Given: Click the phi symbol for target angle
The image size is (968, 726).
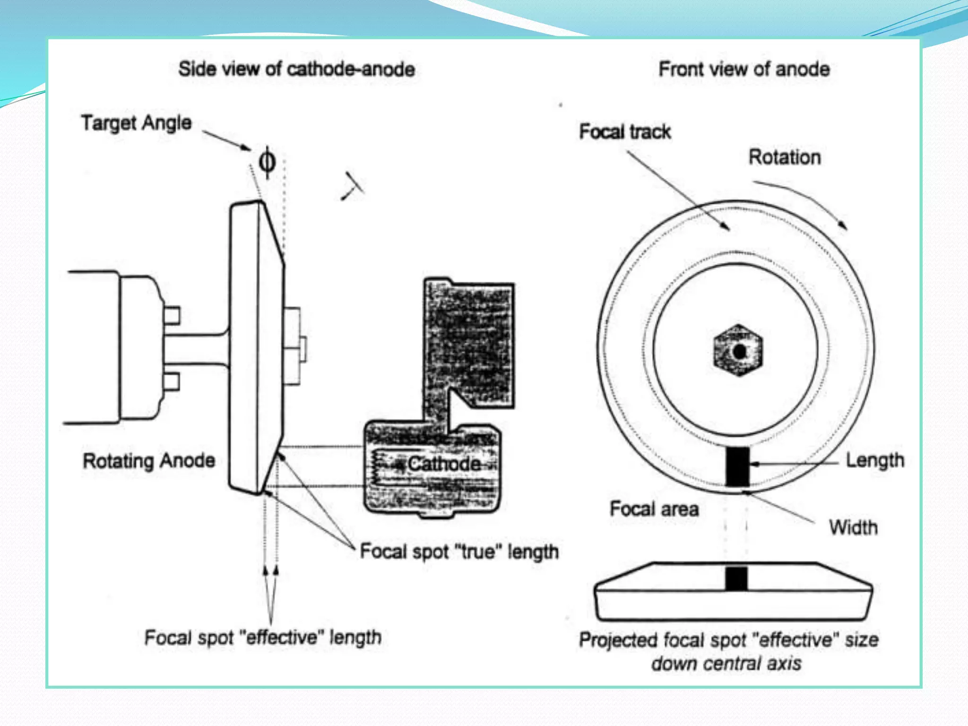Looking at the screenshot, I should [267, 162].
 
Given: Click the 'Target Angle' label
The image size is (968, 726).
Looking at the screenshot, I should [136, 123].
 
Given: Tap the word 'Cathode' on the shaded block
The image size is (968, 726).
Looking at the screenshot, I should [444, 464].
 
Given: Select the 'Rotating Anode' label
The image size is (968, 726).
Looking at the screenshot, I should [149, 460].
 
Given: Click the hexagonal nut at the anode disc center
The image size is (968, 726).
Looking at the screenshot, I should [738, 351].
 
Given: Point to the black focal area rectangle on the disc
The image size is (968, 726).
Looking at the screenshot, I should [737, 466].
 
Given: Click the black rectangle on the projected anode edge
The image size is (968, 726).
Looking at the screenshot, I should [736, 578].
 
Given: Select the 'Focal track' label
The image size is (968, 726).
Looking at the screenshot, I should [625, 131].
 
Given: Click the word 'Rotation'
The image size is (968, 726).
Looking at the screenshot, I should [785, 157].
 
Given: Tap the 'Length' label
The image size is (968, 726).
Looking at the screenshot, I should [875, 460].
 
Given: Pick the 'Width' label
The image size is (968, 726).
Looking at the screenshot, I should [853, 527].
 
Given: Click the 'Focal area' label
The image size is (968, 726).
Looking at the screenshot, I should [654, 509].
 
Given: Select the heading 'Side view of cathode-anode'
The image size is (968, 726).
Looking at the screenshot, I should [296, 69].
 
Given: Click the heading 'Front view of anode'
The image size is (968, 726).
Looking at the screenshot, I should [744, 69].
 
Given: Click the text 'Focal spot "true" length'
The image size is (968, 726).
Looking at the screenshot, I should [459, 552].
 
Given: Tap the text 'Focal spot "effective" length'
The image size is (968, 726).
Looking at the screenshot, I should [263, 638].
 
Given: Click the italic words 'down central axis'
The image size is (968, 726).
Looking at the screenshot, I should [726, 663].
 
